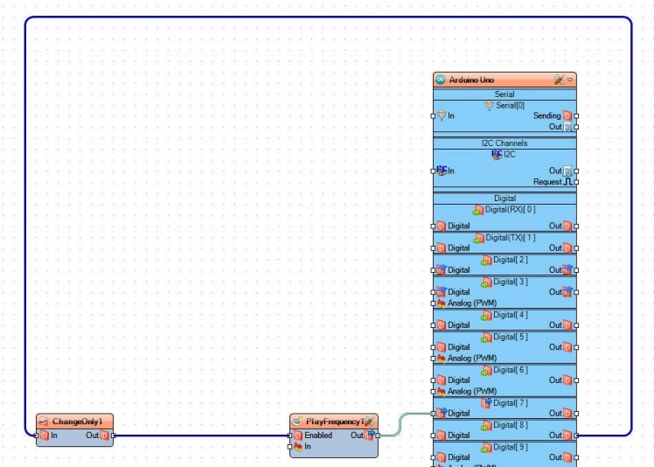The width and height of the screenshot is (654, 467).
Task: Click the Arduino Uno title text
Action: [471, 80]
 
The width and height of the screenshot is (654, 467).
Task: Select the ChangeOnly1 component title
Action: [77, 422]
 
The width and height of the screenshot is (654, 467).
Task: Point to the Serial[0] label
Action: [510, 105]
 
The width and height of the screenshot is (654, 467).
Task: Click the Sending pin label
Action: [546, 115]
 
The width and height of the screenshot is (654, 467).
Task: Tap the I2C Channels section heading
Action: [504, 143]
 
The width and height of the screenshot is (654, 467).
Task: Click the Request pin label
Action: [547, 182]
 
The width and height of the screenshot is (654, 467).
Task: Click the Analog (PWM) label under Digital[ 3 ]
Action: [472, 303]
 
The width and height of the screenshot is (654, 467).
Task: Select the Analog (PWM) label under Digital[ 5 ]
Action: [472, 358]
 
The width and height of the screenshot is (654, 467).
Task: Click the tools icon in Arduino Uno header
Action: [559, 80]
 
